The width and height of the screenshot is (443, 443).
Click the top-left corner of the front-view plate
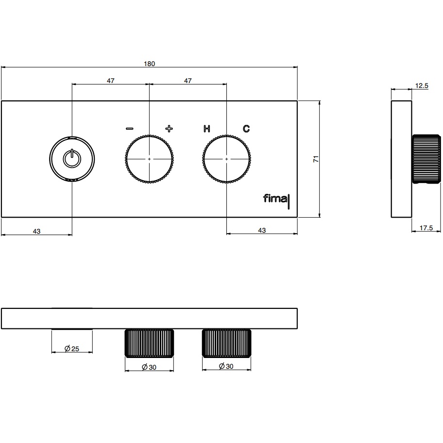[1, 101]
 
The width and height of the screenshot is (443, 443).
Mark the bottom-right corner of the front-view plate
[297, 217]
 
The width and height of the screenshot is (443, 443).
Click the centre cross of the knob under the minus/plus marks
[149, 159]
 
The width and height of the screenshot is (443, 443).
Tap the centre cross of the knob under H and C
[226, 159]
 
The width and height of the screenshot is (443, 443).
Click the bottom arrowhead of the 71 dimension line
[320, 215]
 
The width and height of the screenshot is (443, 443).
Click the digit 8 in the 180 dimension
[150, 64]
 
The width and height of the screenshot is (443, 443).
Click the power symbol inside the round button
[72, 158]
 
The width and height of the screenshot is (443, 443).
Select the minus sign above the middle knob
[129, 129]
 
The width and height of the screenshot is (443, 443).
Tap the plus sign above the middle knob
[169, 129]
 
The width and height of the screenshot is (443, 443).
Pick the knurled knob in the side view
[426, 159]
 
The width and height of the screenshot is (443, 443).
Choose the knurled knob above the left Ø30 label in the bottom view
[149, 343]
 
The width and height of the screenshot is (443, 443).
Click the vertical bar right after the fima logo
[289, 202]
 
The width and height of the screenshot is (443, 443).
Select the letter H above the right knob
[207, 129]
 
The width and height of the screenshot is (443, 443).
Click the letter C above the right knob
[246, 129]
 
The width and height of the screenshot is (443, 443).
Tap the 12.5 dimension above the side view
[422, 85]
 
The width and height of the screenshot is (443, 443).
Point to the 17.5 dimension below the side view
[426, 228]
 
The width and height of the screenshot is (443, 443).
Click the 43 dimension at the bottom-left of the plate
[37, 231]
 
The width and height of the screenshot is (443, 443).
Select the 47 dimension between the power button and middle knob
[110, 81]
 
